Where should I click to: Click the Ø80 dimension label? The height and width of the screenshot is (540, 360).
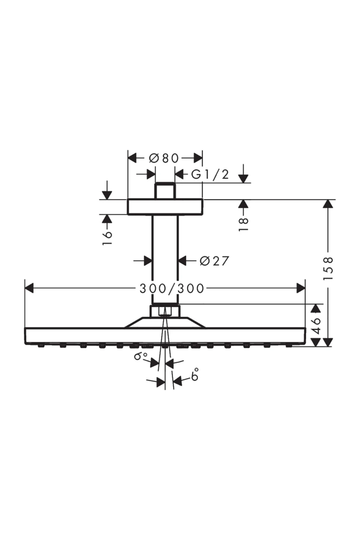click(164, 158)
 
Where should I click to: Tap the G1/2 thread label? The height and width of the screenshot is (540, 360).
click(210, 174)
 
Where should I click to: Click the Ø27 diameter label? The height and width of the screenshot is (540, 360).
click(214, 261)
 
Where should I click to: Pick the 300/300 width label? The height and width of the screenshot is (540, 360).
click(172, 289)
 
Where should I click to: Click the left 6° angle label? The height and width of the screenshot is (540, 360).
click(141, 356)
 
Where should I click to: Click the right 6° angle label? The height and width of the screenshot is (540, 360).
click(195, 375)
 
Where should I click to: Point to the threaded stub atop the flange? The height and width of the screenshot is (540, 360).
click(165, 190)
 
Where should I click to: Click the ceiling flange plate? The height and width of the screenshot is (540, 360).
click(165, 207)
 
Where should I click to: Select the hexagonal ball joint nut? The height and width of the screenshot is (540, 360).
click(165, 311)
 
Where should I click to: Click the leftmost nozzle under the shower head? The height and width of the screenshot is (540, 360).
click(41, 346)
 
